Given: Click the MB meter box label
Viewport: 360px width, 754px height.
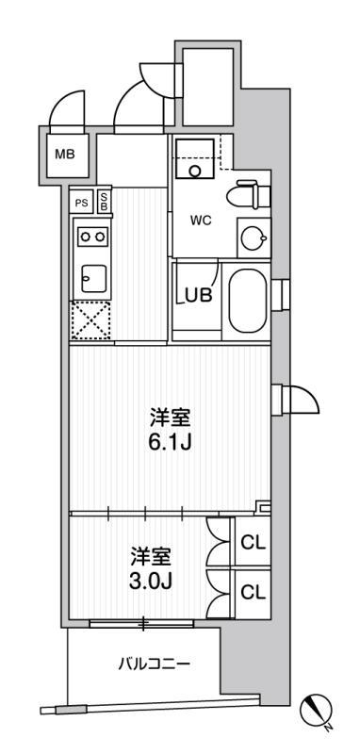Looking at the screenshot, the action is point(64,155).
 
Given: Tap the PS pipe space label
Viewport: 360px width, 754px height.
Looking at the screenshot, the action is point(81,203).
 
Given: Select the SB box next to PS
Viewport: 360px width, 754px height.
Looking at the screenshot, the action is point(104,202).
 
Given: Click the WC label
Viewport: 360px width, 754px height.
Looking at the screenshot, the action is point(201,221).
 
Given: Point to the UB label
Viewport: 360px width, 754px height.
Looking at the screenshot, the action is point(199,295).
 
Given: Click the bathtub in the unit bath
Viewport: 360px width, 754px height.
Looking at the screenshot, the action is point(248,301).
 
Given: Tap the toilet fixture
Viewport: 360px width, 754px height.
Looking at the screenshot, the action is point(249,195).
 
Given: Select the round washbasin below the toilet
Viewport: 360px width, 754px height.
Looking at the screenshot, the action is point(254,237).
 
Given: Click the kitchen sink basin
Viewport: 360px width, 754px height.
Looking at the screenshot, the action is point(93,278).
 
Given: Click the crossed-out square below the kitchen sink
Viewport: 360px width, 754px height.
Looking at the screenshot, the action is point(90,320).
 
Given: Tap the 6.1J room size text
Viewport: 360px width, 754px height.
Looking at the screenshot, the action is point(171,441).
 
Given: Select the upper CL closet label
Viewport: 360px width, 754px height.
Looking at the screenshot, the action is point(253,544).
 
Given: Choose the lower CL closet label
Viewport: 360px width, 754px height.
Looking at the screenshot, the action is point(253,593).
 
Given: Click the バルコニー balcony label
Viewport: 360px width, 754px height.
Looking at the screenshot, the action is point(155,664).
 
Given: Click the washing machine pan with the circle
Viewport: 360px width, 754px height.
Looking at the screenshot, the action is point(195,157).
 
